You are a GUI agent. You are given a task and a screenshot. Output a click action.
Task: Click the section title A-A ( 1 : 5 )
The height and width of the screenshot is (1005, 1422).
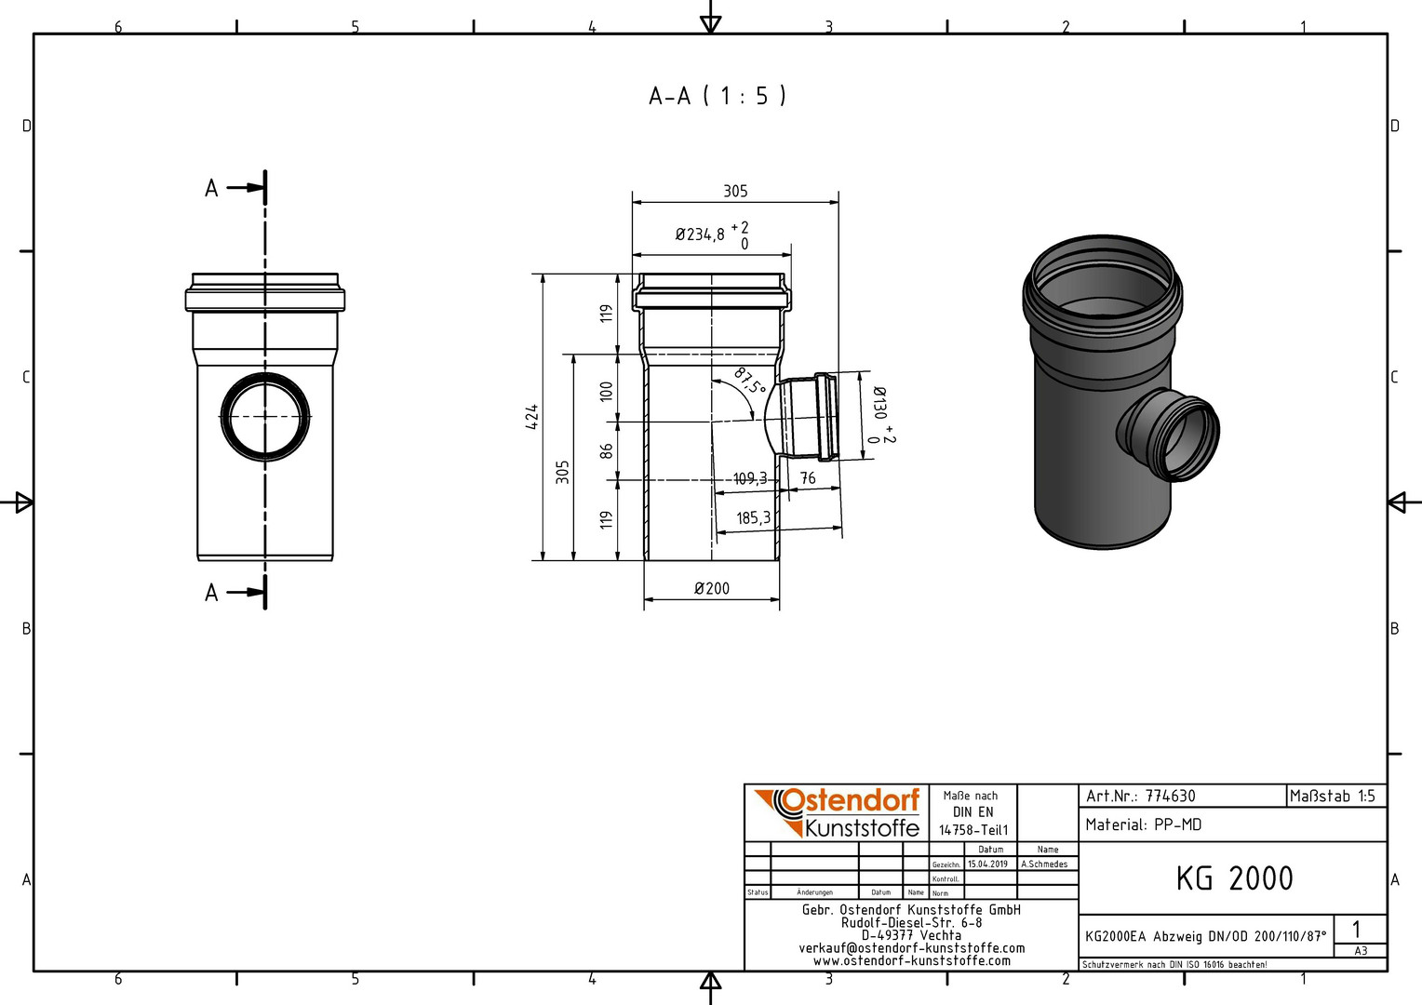[x=718, y=96]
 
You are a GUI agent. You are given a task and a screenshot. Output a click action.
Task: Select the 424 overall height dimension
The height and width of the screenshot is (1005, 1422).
[x=532, y=417]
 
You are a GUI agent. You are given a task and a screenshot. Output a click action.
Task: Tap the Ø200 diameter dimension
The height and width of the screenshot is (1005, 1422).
[x=712, y=588]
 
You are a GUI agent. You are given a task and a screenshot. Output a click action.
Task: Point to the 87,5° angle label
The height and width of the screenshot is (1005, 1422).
[x=749, y=381]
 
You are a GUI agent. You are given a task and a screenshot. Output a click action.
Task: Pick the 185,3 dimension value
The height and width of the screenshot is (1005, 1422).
[x=754, y=518]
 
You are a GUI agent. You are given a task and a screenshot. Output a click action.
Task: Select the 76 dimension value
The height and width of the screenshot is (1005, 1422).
[x=808, y=478]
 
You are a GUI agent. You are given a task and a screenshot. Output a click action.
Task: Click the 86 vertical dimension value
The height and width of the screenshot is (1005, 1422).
[x=607, y=450]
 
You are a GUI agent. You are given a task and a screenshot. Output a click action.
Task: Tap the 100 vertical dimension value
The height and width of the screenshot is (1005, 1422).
[x=607, y=391]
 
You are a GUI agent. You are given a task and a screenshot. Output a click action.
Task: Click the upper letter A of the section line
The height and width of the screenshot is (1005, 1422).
[x=211, y=188]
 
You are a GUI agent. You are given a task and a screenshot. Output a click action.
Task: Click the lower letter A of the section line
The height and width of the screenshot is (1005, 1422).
[x=211, y=593]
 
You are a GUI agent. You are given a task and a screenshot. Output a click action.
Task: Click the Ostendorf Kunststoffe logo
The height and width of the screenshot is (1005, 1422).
[x=837, y=812]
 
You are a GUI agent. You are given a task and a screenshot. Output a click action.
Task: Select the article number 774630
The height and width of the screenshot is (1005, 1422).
[x=1170, y=796]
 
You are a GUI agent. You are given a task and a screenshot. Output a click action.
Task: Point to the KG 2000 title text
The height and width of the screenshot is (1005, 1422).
[x=1234, y=878]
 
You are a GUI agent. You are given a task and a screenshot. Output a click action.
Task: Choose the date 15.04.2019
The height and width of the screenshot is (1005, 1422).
[x=987, y=864]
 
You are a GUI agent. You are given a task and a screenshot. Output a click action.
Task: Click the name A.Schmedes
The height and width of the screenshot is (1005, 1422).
[x=1044, y=864]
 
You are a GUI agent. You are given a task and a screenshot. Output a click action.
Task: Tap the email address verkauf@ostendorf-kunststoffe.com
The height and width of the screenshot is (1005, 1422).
[x=912, y=948]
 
